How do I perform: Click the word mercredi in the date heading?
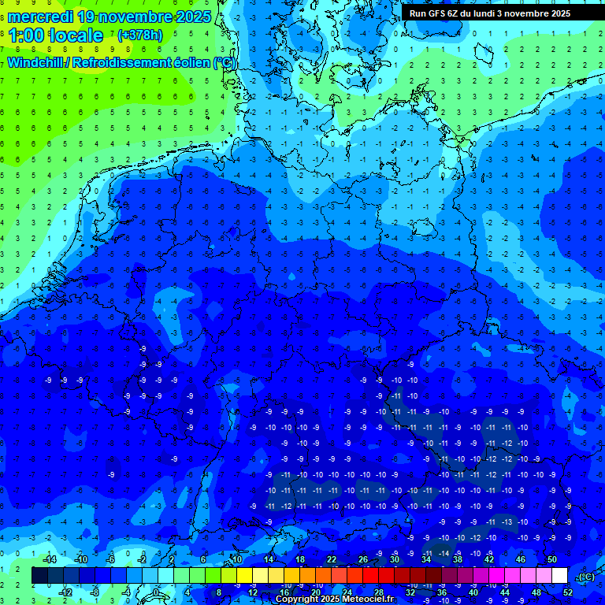pos(41,17)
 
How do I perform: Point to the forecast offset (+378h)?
pos(141,35)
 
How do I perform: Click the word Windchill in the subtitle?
pos(36,62)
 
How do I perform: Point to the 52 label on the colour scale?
pos(568,592)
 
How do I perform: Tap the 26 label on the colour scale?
pos(363,559)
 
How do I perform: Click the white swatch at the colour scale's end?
pos(560,576)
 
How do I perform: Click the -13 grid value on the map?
pos(506,521)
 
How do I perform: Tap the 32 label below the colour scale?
pos(410,592)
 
